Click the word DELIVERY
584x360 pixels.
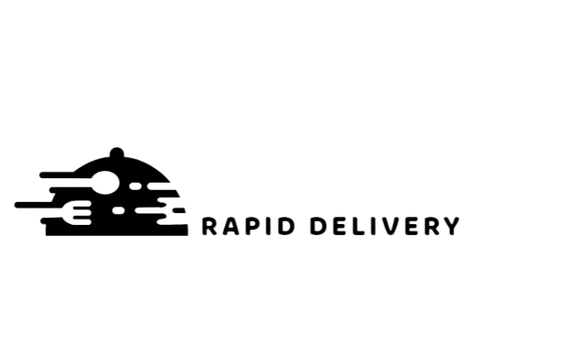coord(385,226)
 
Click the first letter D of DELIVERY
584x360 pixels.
coord(318,226)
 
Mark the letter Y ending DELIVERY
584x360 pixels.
coord(451,226)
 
